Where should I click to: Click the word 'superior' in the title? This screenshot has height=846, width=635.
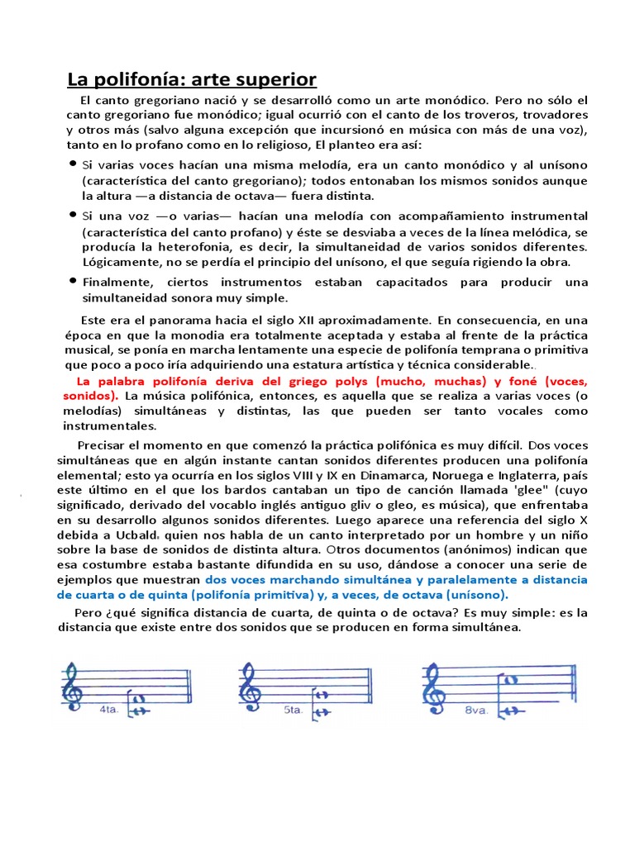(x=275, y=80)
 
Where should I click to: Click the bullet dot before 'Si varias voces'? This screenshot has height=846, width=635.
(x=72, y=164)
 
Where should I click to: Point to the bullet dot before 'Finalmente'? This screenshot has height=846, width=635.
(x=72, y=282)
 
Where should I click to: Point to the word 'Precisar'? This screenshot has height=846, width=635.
(x=103, y=445)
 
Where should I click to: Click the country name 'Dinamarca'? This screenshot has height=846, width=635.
(x=365, y=476)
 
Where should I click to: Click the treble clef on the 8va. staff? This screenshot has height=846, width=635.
(x=433, y=687)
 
